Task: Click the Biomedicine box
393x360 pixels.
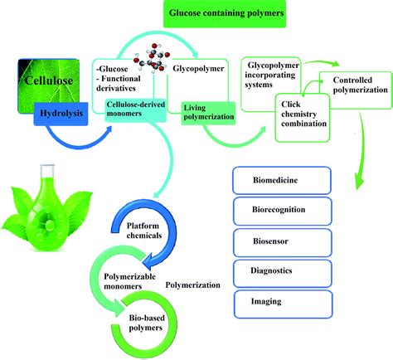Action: [x=284, y=179]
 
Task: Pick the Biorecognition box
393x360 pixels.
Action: [x=284, y=209]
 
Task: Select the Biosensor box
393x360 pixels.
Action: [x=284, y=240]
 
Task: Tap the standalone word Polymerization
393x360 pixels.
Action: [x=192, y=285]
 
